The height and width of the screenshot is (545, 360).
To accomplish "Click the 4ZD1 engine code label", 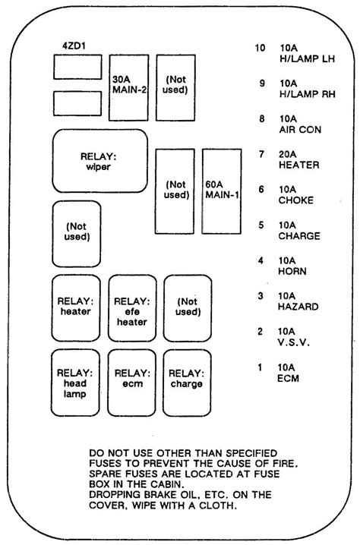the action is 74,46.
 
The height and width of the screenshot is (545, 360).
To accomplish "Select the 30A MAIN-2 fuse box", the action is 128,87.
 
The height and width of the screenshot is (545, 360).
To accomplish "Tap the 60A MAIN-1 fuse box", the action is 222,191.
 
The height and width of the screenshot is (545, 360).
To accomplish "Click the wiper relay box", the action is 100,161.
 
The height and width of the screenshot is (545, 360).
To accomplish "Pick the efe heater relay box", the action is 132,308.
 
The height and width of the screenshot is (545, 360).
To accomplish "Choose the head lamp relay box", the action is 75,383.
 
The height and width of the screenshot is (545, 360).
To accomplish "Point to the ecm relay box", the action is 132,383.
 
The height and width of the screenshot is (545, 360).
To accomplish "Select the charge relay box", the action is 187,383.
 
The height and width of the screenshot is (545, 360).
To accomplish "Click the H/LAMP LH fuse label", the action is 307,59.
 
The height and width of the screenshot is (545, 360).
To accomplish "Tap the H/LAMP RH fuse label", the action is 307,94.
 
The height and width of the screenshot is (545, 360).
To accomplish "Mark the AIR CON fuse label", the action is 300,130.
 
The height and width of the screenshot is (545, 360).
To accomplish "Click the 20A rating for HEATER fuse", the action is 288,154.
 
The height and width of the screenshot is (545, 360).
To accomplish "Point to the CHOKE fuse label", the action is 296,200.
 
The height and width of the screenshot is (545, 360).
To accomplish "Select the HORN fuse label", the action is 292,271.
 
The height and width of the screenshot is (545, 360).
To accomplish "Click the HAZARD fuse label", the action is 298,307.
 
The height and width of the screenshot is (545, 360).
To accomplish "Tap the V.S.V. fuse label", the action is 294,342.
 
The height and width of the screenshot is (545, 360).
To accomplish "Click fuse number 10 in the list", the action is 261,48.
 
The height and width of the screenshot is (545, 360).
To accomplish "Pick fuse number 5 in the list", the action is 261,225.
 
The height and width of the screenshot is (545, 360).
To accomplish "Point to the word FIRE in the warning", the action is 285,463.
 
